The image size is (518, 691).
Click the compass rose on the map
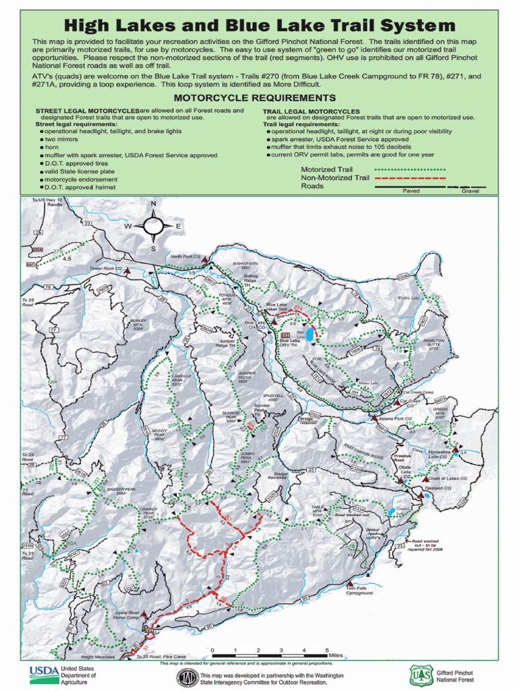coord(153,225)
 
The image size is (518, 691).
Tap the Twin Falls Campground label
coord(359,590)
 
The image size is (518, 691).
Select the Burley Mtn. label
coord(138,323)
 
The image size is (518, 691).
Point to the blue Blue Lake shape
coord(309,335)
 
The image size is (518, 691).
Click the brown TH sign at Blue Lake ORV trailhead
coord(285,335)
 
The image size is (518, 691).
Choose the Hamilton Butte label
coord(434,344)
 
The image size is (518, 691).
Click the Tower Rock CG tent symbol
coord(125,269)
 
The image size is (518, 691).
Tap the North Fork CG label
coord(185,256)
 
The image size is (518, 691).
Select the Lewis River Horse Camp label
coord(126,615)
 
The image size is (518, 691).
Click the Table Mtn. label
coord(318,509)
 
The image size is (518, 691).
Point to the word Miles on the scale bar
coord(336,655)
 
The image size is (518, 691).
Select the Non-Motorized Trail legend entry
coord(335,177)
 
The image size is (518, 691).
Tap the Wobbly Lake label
coord(408,297)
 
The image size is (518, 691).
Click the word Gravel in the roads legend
coord(470,191)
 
